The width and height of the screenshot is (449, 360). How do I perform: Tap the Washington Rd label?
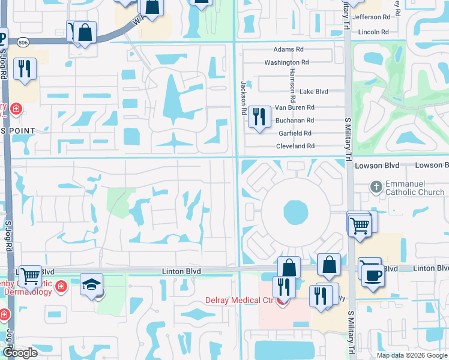tap(286, 62)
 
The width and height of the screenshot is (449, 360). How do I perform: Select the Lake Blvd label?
tap(314, 92)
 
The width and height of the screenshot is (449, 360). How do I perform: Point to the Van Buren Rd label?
tap(294, 107)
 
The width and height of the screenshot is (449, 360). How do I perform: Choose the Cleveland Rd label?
tap(295, 146)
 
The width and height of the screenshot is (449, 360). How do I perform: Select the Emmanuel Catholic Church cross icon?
tap(376, 186)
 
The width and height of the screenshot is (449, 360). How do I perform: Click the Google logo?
tap(20, 353)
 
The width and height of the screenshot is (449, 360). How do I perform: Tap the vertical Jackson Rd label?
tap(244, 98)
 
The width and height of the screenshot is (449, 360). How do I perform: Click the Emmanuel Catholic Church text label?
tap(415, 187)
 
